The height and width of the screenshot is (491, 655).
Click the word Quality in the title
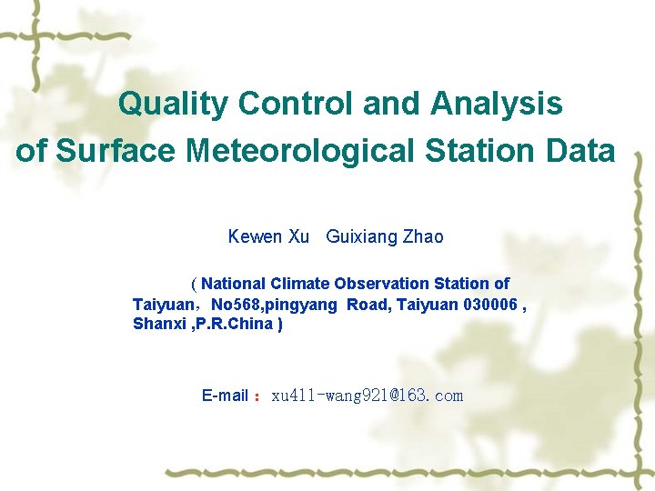[x=173, y=105]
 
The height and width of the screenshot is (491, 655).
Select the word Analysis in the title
[x=497, y=105]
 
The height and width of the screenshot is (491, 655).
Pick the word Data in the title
[x=581, y=151]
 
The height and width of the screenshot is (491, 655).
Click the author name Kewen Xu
[x=268, y=237]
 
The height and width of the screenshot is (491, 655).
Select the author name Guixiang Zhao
[x=385, y=237]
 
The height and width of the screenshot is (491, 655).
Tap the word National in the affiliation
[x=234, y=284]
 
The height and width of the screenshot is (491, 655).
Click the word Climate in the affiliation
[x=300, y=284]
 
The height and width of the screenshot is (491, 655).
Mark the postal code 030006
[x=491, y=305]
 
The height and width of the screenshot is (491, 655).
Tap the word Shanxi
[x=157, y=325]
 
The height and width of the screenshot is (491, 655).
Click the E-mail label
[x=225, y=396]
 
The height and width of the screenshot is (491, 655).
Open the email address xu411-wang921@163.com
[x=368, y=396]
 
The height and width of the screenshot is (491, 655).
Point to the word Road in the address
[x=368, y=305]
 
